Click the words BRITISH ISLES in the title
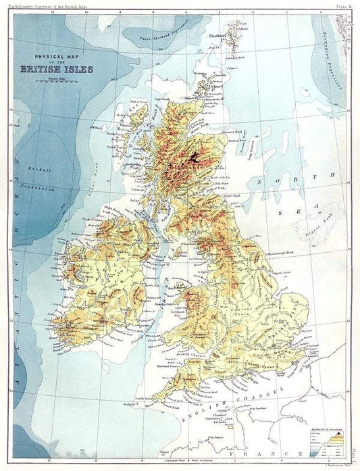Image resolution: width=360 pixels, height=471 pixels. pos(57,68)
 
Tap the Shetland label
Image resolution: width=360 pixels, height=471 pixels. pos(217,34)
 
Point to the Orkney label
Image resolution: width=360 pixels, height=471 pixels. pos(215,86)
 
